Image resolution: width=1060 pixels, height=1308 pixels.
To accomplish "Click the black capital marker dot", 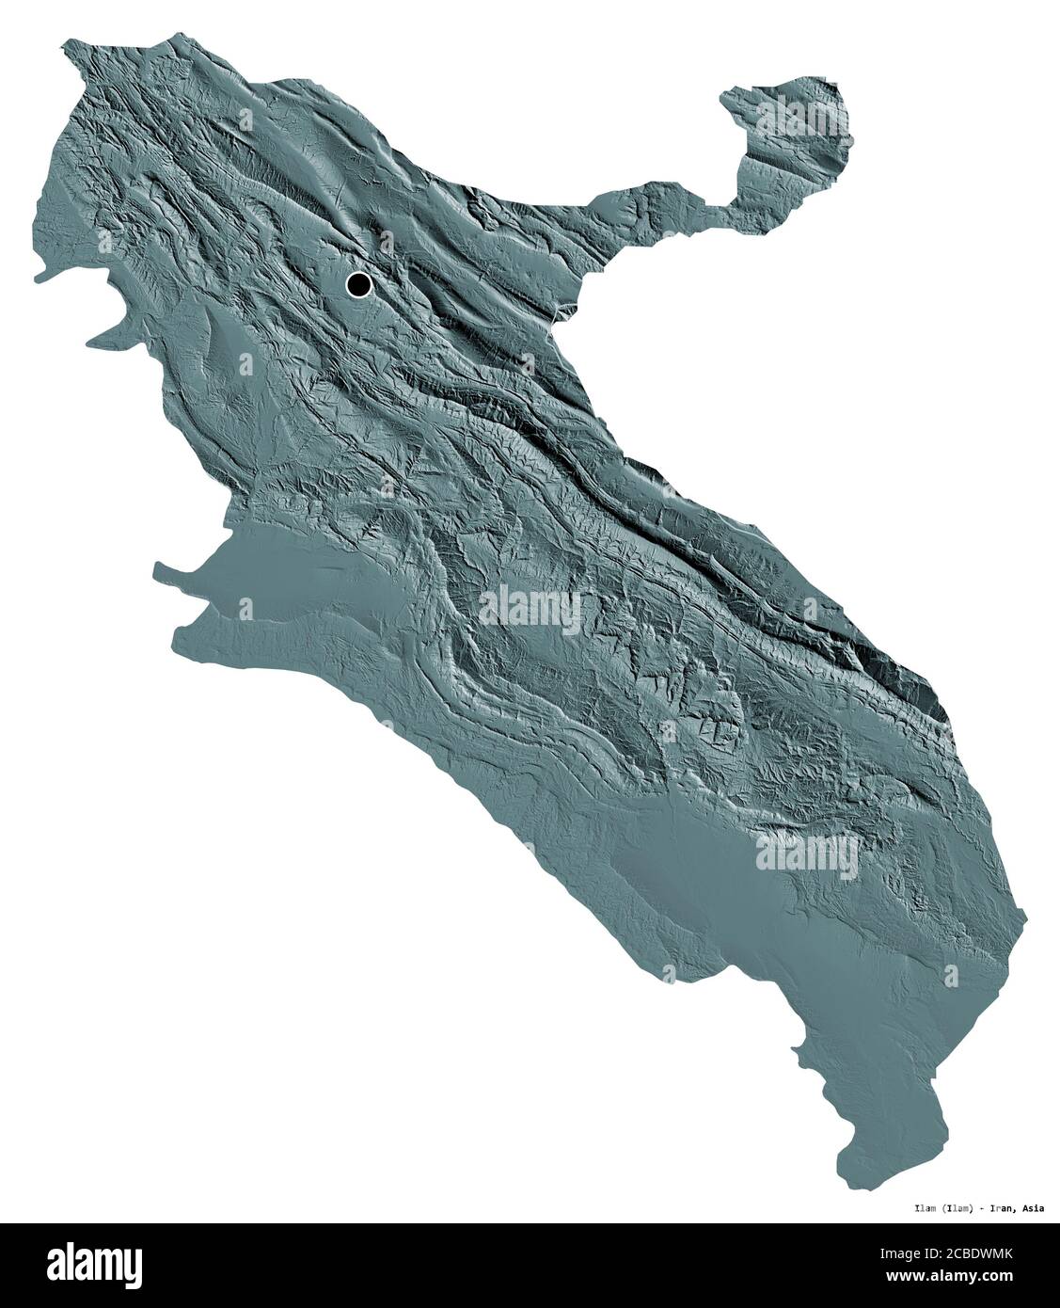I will coord(358,283).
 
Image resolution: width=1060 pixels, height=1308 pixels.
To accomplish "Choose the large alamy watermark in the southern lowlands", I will coord(807,854).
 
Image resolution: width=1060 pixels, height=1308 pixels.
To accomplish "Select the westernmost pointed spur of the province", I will coord(38,278).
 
